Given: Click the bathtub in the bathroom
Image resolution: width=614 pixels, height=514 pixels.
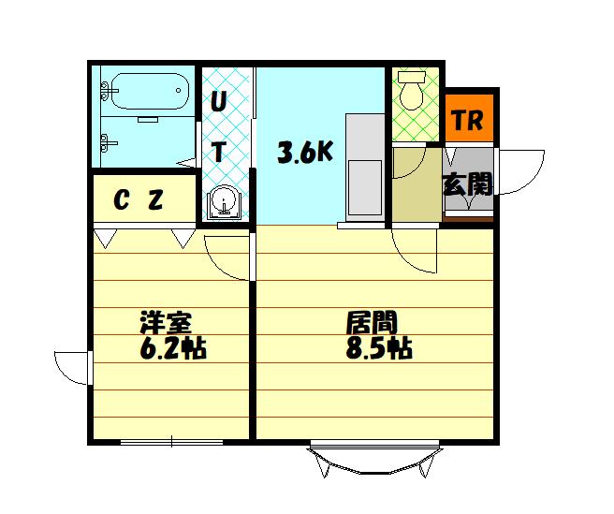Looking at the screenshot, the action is click(151, 91).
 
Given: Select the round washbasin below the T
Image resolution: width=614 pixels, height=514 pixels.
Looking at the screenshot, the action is click(226, 201).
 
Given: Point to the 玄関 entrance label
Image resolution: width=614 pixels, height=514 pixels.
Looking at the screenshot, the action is click(468, 184).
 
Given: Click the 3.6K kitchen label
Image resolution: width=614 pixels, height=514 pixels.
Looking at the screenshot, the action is click(305, 152).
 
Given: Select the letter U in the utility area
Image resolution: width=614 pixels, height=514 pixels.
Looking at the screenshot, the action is click(219, 102).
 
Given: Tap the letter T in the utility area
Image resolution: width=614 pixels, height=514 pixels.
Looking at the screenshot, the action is click(219, 152).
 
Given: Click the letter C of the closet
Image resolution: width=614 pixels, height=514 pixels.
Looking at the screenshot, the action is click(122, 199).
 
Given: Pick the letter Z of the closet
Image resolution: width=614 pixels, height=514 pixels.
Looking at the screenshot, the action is click(155, 199).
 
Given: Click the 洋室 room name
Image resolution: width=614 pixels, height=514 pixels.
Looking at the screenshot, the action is click(166, 322).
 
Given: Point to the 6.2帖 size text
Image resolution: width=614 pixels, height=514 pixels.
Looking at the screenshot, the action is click(172, 348).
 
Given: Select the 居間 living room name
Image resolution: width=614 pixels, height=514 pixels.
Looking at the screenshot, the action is click(372, 322).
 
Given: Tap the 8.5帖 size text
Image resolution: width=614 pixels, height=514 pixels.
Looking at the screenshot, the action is click(379, 348).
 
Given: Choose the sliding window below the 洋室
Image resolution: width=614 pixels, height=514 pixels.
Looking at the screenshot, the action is click(171, 442).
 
